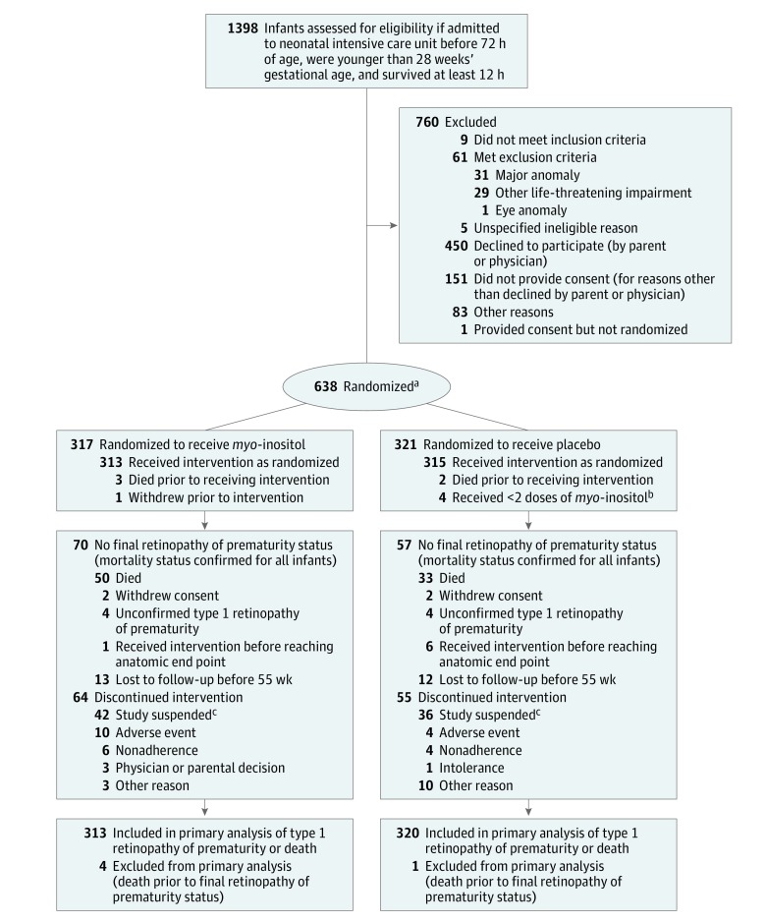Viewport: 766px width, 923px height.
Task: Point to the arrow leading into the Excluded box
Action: (x=391, y=225)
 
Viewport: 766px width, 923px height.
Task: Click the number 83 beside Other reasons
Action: (x=458, y=313)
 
